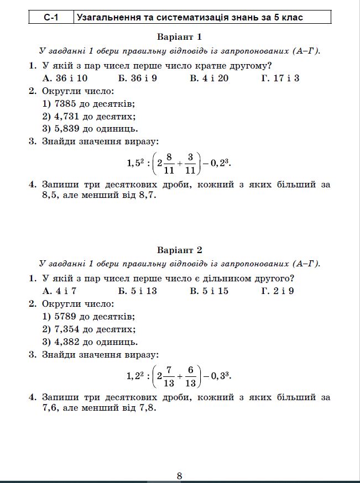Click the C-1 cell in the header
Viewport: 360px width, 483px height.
click(51, 18)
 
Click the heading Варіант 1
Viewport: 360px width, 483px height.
click(180, 37)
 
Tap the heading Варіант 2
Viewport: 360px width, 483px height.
click(180, 250)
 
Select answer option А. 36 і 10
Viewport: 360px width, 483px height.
click(65, 78)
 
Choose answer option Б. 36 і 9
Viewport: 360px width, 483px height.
click(138, 78)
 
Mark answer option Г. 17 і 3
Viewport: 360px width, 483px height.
click(280, 78)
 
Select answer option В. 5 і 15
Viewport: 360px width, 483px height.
click(209, 291)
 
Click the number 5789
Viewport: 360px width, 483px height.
click(66, 317)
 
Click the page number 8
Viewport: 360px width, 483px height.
click(180, 475)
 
